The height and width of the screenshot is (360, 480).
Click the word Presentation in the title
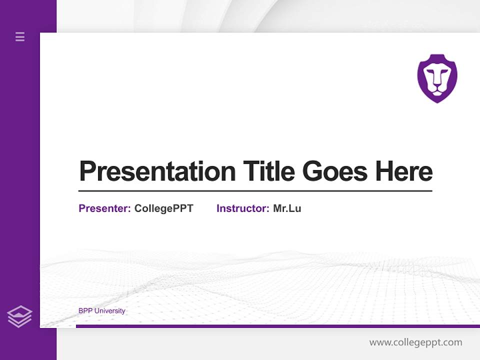[x=157, y=171]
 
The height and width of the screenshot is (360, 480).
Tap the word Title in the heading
[x=269, y=171]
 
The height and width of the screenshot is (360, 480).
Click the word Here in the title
[x=404, y=171]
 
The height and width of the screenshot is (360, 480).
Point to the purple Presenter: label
[x=104, y=208]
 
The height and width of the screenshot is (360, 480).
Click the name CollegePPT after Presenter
[x=163, y=208]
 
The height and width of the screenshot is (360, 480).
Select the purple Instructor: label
[x=242, y=208]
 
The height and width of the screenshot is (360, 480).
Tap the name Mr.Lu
[x=287, y=208]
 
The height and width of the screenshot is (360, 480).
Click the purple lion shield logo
[x=437, y=78]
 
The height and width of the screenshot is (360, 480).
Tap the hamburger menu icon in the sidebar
[x=20, y=36]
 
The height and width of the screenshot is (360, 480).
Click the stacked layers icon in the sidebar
[x=19, y=316]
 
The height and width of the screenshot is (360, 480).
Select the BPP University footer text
[x=102, y=311]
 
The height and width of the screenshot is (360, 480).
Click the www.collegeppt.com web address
[x=415, y=342]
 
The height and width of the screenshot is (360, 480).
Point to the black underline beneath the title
[x=255, y=190]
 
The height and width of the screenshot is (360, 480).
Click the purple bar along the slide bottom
[x=277, y=326]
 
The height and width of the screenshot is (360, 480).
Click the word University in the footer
[x=110, y=311]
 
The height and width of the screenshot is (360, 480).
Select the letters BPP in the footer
[x=85, y=311]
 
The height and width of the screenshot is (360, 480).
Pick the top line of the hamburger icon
[x=20, y=33]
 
